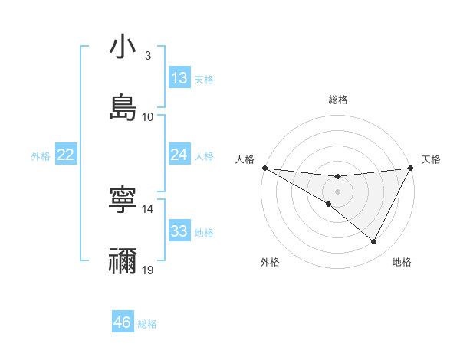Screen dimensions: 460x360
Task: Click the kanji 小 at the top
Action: point(123,48)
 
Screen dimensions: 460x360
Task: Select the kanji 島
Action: point(123,107)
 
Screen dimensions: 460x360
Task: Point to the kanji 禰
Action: point(123,260)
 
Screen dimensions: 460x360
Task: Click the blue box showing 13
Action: point(179,78)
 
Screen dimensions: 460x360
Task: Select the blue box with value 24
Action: point(179,155)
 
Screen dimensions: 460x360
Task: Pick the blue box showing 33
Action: point(179,232)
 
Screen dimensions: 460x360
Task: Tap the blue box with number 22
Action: point(66,155)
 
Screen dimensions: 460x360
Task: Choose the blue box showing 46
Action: point(123,322)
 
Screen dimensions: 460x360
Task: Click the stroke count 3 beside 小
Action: point(147,56)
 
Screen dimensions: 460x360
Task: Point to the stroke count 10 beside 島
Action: point(148,116)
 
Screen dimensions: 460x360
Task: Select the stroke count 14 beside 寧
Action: point(148,208)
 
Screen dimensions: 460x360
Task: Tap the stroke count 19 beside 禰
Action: point(148,270)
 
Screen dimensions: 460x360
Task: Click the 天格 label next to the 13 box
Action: point(203,79)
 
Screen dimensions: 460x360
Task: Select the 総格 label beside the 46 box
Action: point(147,323)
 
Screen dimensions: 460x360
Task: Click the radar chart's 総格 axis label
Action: point(337,100)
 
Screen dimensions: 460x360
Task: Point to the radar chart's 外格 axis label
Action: point(269,262)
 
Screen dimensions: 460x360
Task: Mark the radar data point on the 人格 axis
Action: point(264,168)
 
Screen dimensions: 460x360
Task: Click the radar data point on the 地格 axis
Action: point(374,241)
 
